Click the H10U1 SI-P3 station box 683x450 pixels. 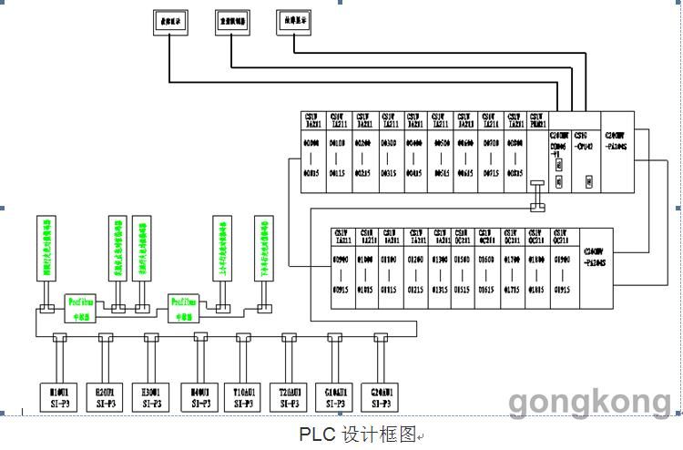(x=60, y=395)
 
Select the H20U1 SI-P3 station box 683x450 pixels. (x=106, y=395)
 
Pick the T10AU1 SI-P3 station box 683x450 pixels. (x=243, y=395)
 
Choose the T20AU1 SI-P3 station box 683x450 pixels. (x=290, y=395)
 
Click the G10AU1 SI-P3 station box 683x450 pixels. (x=335, y=395)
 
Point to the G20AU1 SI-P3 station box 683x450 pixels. (x=382, y=395)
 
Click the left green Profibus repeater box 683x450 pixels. (x=79, y=302)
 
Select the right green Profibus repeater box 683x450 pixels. (x=184, y=302)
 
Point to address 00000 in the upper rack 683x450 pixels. (x=312, y=144)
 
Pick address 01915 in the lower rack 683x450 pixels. (x=562, y=289)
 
